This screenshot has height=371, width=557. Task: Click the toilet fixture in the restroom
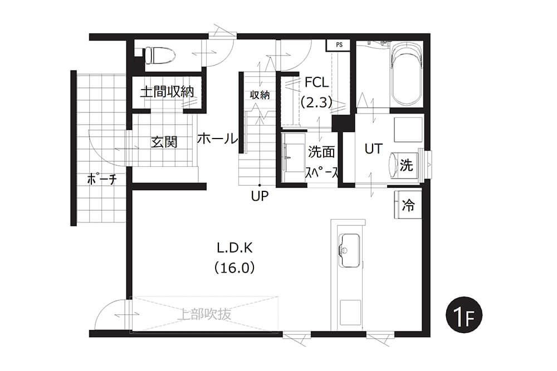coord(157,56)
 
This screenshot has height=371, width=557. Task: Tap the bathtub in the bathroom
coord(405,74)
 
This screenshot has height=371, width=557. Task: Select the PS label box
coord(339,45)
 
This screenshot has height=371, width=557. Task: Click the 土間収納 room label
coord(167,92)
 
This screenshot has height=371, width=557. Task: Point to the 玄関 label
coord(164,142)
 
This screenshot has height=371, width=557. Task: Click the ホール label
coord(217,138)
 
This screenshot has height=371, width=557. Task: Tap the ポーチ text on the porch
coord(102,179)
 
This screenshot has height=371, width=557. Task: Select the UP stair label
coord(260,196)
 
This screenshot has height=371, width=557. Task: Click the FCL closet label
coord(316,83)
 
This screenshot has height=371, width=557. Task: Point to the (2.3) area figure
coord(316,102)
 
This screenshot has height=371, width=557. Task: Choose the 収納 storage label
coord(260,95)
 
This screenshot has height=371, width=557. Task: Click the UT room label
coord(373,149)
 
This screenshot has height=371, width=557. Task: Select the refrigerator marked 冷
coord(408,205)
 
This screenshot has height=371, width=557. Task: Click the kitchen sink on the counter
coord(350,250)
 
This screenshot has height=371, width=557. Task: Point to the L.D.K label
coord(234,248)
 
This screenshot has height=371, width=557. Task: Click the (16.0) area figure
coord(234,268)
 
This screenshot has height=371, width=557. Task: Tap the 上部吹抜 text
coord(204,314)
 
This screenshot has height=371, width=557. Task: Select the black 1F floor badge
coord(464,315)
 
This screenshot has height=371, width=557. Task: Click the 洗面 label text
coord(321,152)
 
